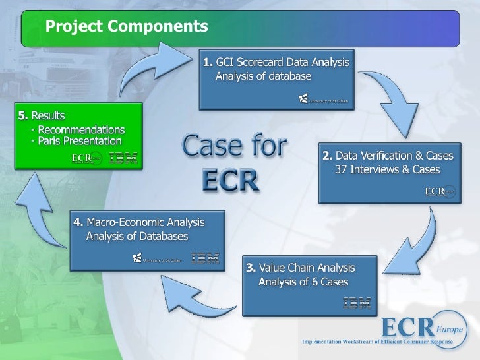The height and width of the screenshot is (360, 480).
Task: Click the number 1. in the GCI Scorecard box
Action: point(208,63)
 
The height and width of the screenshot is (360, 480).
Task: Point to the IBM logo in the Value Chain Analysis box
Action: point(357,303)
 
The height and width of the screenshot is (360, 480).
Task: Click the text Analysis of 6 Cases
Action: point(303,283)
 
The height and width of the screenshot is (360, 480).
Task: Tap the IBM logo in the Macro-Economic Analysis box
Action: point(205,258)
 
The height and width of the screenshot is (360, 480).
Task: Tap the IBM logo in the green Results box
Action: point(123,158)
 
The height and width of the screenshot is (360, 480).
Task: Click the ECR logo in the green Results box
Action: point(86,158)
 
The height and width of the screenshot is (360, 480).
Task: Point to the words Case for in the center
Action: point(234,146)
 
